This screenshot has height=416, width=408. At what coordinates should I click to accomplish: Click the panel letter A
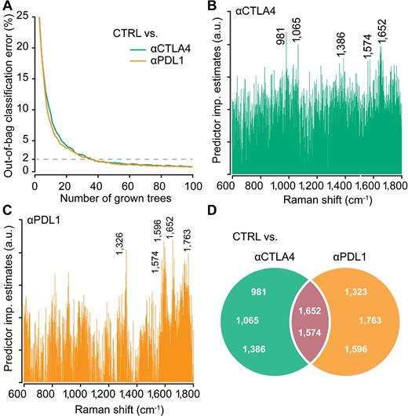[6, 7]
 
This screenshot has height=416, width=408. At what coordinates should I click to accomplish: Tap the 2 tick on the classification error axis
[25, 159]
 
